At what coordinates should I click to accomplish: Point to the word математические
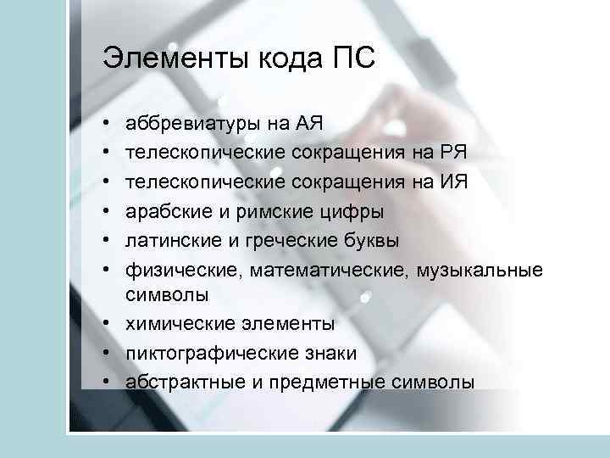coord(319,269)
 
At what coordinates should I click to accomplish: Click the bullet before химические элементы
coord(108,324)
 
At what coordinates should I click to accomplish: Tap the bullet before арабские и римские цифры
coord(108,210)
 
